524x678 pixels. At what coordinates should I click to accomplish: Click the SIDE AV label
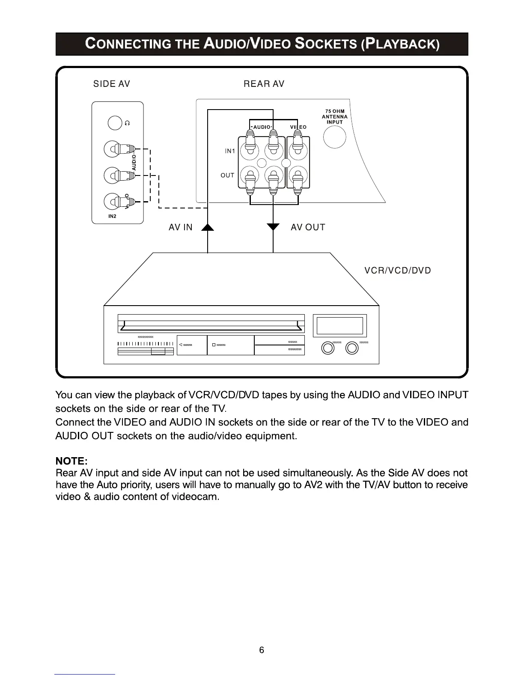tap(111, 84)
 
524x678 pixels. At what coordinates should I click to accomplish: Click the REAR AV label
tap(264, 84)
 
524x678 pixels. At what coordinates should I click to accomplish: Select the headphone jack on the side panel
tap(115, 123)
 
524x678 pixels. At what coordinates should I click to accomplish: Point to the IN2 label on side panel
tap(112, 217)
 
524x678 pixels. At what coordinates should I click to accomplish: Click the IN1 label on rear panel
tap(230, 151)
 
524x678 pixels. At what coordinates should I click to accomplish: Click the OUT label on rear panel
tap(227, 175)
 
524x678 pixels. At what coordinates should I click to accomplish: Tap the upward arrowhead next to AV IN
tap(208, 227)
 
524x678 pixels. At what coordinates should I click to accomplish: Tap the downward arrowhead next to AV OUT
tap(273, 226)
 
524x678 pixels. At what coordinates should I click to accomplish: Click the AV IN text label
tap(180, 227)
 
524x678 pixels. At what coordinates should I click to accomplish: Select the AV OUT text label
tap(308, 227)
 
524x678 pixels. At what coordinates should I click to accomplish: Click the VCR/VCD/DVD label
tap(397, 271)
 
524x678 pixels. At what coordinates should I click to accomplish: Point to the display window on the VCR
tap(340, 326)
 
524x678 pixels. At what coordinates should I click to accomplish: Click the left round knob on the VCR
tap(328, 348)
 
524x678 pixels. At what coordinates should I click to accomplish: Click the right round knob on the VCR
tap(352, 348)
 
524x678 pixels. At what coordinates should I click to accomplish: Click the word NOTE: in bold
tap(71, 461)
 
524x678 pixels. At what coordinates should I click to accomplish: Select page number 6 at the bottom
tap(262, 650)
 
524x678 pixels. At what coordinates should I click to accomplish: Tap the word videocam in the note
tap(195, 497)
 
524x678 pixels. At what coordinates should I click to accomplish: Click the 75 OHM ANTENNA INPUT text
tap(334, 116)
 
